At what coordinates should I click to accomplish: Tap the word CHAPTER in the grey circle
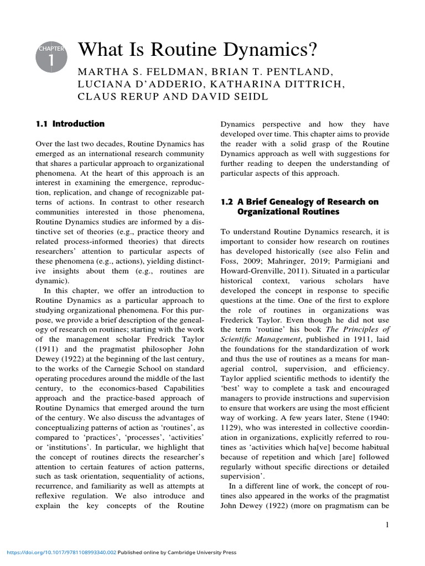pos(51,49)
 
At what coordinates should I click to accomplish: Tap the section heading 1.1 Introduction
pos(70,124)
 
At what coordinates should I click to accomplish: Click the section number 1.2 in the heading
pos(227,202)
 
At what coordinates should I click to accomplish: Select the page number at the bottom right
pos(388,525)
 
